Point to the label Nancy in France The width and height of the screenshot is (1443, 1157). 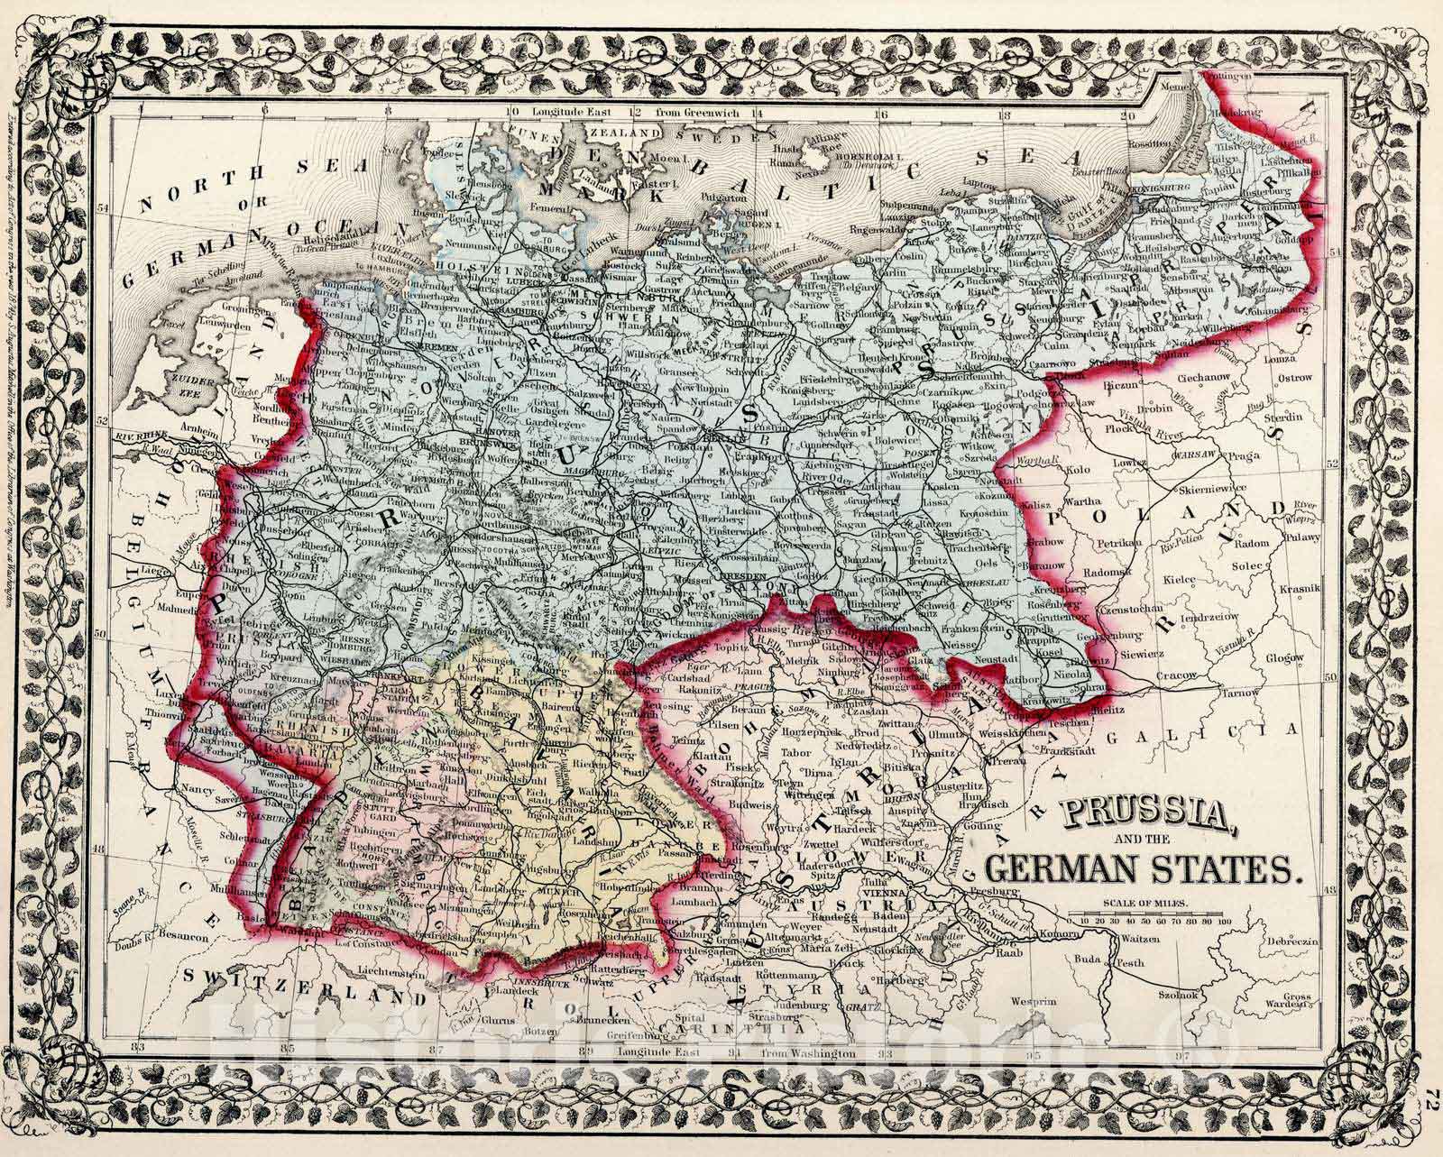pyautogui.click(x=198, y=791)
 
